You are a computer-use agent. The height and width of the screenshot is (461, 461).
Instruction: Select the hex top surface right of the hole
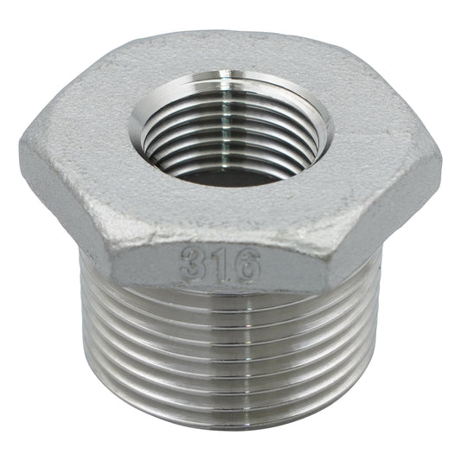[x=381, y=138]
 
